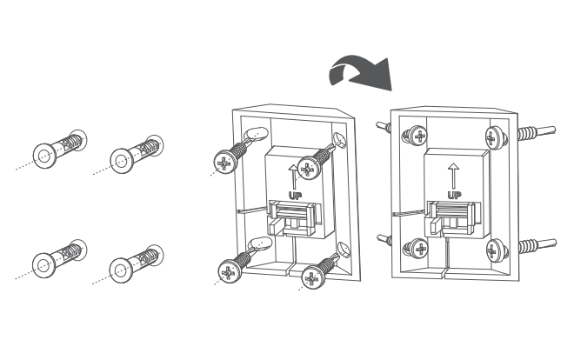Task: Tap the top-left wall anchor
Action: [x=60, y=149]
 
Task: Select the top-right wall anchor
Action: [x=137, y=154]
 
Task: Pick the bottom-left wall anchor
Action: [x=60, y=258]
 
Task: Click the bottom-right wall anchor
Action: [x=137, y=263]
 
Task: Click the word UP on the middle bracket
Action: [x=295, y=196]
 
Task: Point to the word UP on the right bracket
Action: [x=454, y=195]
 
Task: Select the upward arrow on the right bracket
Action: [x=454, y=176]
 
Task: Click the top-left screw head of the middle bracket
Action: [x=224, y=162]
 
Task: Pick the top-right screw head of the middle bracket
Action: [x=308, y=169]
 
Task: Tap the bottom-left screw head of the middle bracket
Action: [x=229, y=271]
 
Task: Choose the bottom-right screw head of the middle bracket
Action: [x=312, y=278]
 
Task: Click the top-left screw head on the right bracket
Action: [x=419, y=137]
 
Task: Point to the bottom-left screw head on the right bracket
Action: [x=420, y=249]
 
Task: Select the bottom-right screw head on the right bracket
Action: [x=495, y=250]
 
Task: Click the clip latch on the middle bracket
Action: [x=295, y=218]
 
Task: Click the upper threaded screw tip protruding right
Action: [x=537, y=133]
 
